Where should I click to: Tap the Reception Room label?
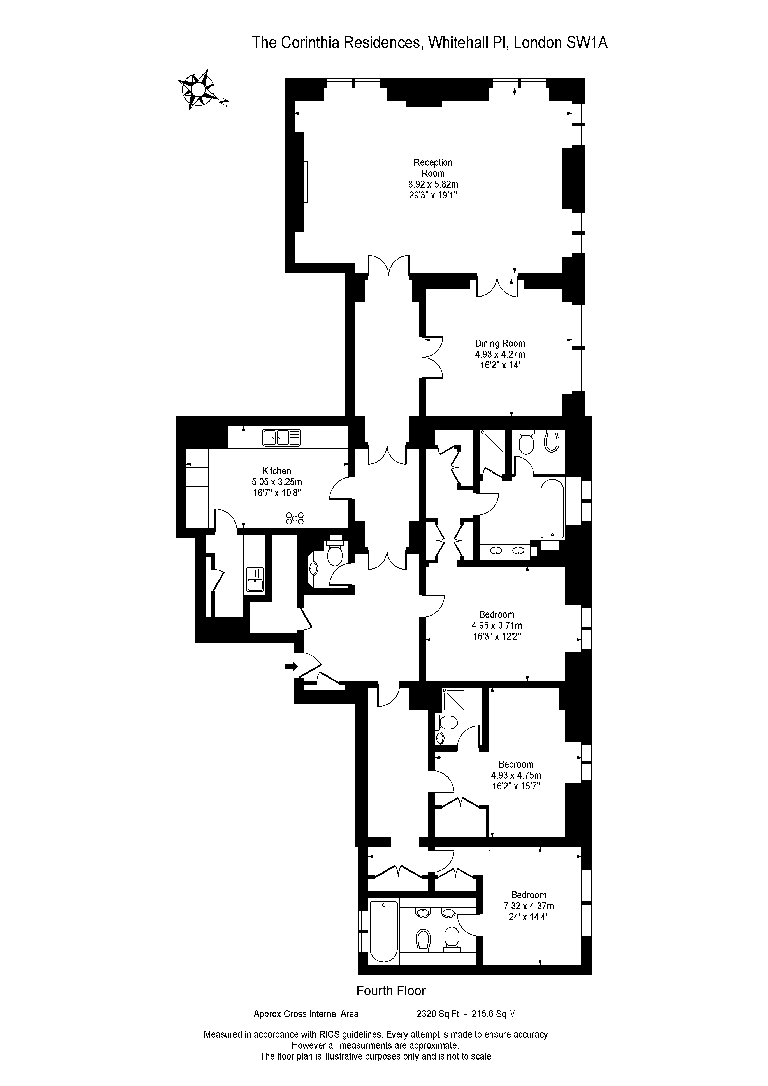[x=433, y=168]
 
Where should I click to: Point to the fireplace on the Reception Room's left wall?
[x=306, y=182]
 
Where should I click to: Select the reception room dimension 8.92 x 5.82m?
[x=433, y=184]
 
